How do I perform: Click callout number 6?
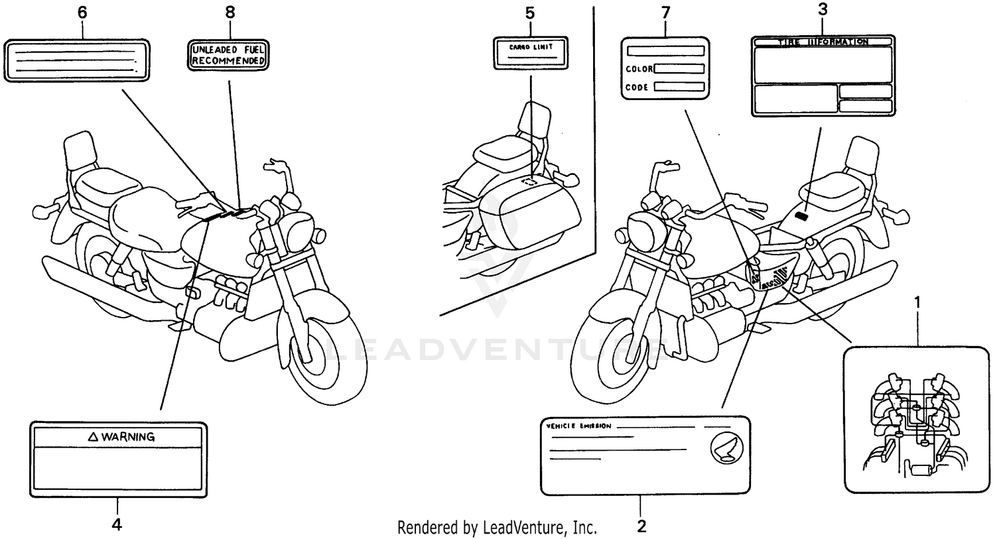click(82, 13)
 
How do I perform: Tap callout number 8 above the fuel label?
click(230, 13)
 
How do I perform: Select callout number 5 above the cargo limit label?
click(529, 13)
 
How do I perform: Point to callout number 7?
click(665, 13)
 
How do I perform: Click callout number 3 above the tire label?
click(822, 9)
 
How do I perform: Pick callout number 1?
click(918, 302)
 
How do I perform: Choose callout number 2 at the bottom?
click(641, 527)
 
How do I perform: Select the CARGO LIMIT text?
click(530, 48)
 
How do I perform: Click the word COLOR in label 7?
click(639, 69)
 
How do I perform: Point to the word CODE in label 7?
click(637, 87)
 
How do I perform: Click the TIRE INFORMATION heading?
click(822, 42)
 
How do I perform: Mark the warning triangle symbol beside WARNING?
click(94, 437)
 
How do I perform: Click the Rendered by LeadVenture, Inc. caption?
click(497, 528)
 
